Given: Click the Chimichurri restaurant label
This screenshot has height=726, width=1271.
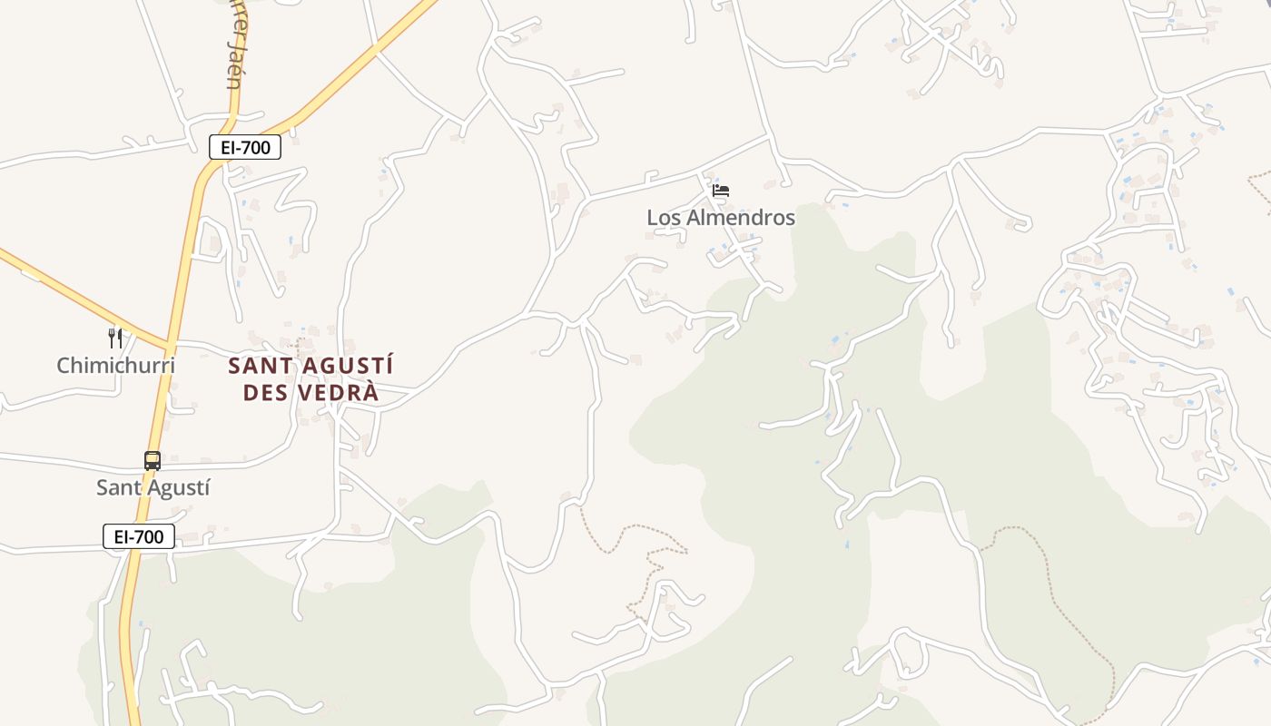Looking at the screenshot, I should pos(115,366).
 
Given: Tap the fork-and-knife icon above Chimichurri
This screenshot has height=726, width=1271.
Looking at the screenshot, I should pos(115,338).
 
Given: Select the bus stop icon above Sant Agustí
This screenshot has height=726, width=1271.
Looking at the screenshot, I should pos(153,461).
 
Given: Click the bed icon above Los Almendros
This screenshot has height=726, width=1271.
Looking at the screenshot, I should pos(721,191).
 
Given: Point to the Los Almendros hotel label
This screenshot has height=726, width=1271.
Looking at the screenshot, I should pos(721,218).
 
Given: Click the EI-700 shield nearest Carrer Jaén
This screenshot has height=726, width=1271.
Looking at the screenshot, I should pos(245,147).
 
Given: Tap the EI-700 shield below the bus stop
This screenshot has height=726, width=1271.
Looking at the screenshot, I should pos(139,536).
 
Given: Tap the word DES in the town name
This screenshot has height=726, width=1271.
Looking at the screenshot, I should pos(272,394).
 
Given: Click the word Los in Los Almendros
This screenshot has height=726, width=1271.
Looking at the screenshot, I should pos(661,218).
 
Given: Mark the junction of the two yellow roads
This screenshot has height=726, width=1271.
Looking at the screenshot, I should pos(169,346).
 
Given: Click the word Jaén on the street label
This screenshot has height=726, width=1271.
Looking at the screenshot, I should pos(234,73).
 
